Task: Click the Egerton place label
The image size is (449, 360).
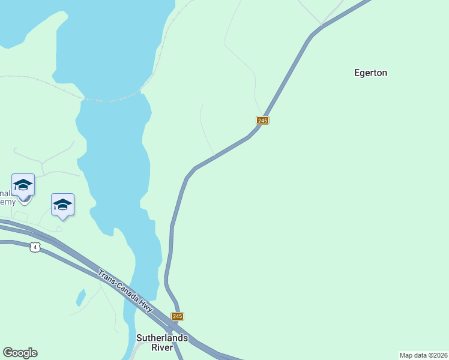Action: click(x=370, y=73)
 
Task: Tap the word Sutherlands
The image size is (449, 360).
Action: click(x=162, y=338)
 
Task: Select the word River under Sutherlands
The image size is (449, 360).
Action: click(x=162, y=347)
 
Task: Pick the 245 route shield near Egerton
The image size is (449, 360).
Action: click(x=262, y=121)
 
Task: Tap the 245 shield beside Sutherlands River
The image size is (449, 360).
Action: click(x=177, y=316)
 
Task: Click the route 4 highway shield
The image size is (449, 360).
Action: click(x=35, y=247)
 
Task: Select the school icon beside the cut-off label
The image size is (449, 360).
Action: click(x=23, y=185)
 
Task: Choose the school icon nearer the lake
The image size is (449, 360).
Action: click(x=62, y=205)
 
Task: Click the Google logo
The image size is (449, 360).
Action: click(x=20, y=353)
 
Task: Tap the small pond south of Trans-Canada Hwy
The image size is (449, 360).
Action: click(x=80, y=297)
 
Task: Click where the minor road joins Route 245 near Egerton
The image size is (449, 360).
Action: click(x=322, y=26)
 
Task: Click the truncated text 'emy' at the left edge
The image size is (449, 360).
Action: click(x=7, y=202)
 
